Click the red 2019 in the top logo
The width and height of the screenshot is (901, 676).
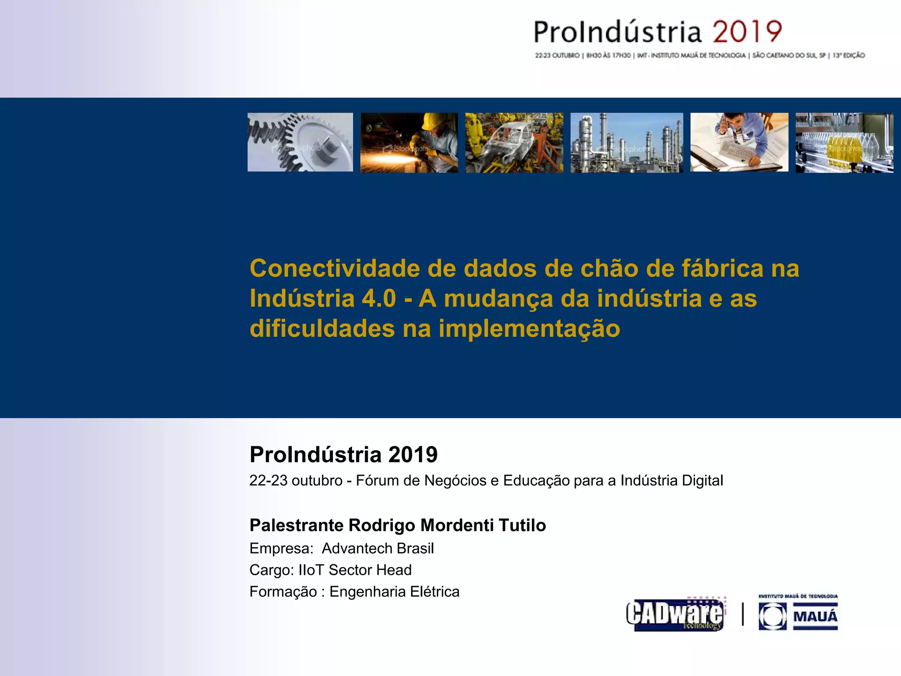(x=747, y=32)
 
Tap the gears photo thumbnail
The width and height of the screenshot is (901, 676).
(x=300, y=142)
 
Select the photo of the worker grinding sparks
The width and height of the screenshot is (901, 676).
(x=409, y=143)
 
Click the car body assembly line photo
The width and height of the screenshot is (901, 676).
(x=514, y=143)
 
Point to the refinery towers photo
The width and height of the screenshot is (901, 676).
(x=626, y=143)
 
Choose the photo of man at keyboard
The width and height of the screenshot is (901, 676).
(x=739, y=142)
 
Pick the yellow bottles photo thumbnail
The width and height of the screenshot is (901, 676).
(x=844, y=143)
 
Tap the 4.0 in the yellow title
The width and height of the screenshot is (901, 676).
(x=379, y=298)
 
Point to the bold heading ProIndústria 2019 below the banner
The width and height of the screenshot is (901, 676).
(x=343, y=455)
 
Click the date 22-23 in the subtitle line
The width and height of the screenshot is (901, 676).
(x=268, y=481)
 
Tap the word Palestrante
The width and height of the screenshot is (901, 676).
(x=296, y=525)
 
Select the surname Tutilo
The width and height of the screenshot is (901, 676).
(x=522, y=525)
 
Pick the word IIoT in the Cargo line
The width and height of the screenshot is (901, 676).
(x=311, y=570)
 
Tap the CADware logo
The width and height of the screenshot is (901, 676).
(x=675, y=614)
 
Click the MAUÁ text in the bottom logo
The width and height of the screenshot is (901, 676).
(x=815, y=616)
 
